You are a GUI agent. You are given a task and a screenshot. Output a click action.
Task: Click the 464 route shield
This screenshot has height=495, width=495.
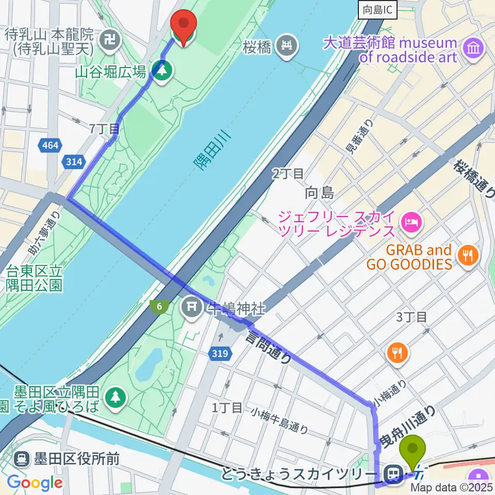[51, 145]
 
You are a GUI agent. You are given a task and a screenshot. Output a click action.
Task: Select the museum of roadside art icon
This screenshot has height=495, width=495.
[472, 49]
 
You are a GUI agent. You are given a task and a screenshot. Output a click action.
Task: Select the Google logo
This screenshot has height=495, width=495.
[35, 482]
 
